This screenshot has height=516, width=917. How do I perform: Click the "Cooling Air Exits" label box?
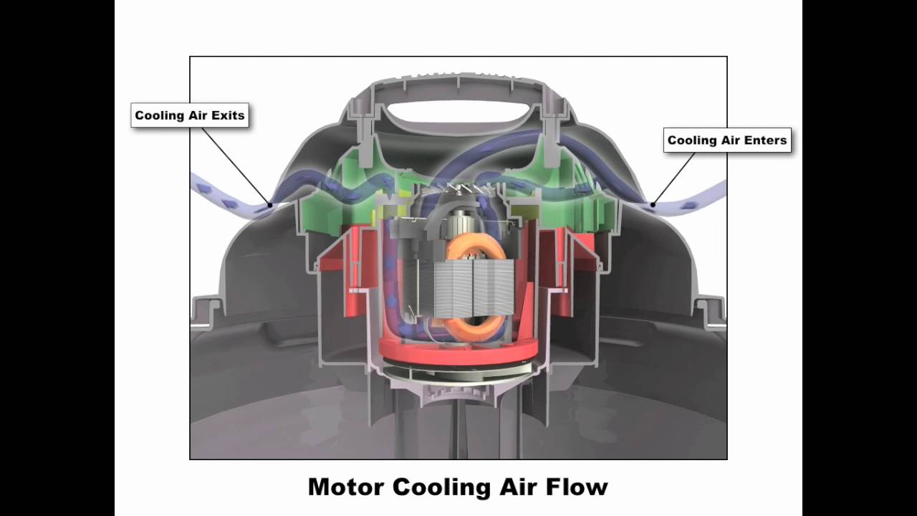point(190,115)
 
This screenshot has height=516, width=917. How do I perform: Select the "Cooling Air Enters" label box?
point(727,140)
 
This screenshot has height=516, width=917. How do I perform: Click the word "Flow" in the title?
point(577,487)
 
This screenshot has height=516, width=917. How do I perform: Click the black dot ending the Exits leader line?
point(270,204)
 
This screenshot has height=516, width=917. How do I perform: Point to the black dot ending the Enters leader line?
point(653,204)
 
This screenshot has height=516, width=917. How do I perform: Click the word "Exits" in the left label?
point(227,115)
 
